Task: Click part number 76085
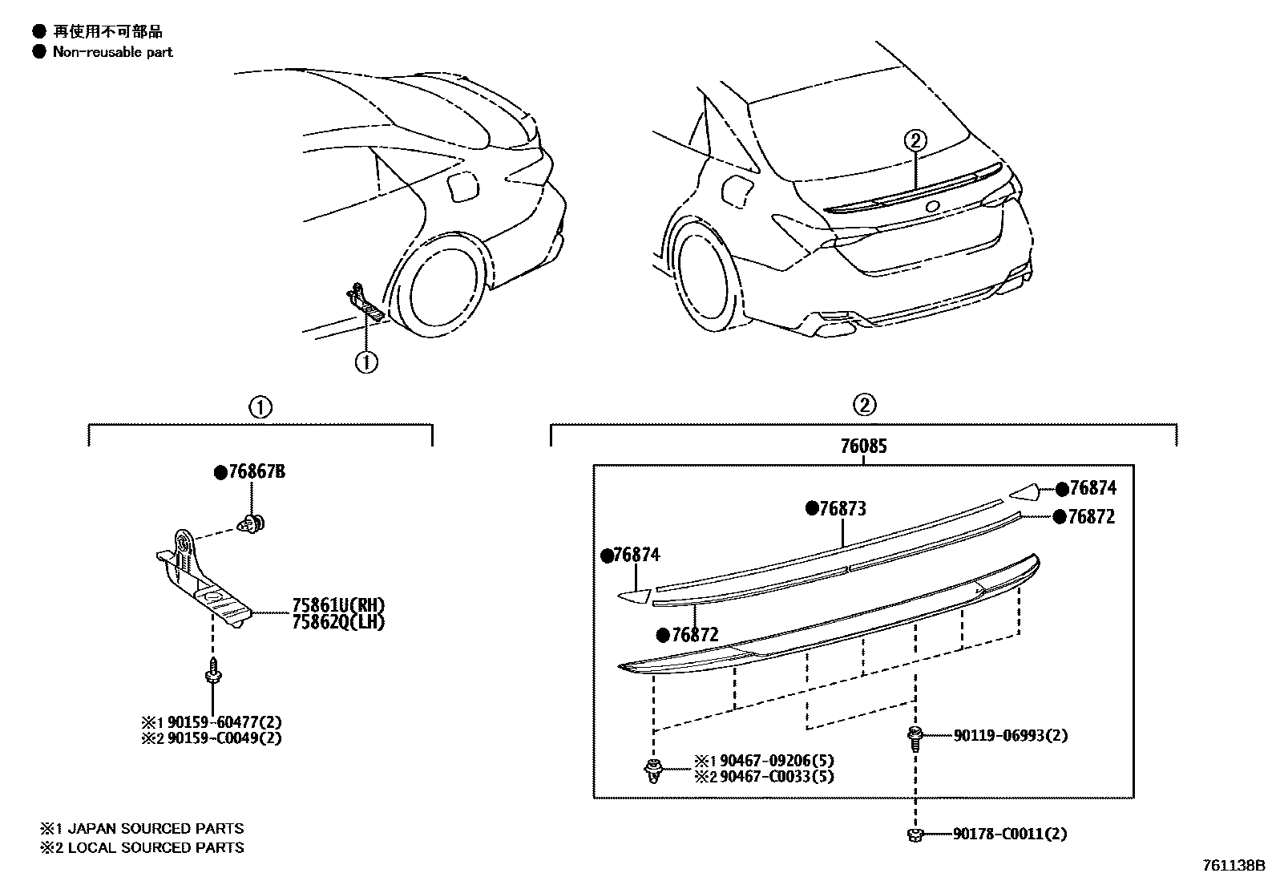click(863, 447)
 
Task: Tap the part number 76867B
click(256, 473)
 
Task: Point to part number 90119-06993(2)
click(1010, 735)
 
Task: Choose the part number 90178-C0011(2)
click(1010, 835)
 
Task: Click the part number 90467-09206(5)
click(776, 760)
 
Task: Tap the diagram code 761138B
click(1232, 867)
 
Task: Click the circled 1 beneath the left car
click(366, 362)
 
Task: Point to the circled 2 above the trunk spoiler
click(915, 140)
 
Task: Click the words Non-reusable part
click(112, 52)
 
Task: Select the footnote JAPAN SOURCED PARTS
click(155, 829)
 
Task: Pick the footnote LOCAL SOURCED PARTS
click(155, 847)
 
